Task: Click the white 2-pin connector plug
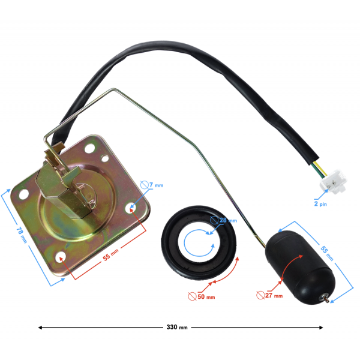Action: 333,182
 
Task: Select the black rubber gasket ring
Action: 199,242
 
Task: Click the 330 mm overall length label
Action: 177,327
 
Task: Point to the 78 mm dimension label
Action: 22,235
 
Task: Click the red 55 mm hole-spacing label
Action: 110,254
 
